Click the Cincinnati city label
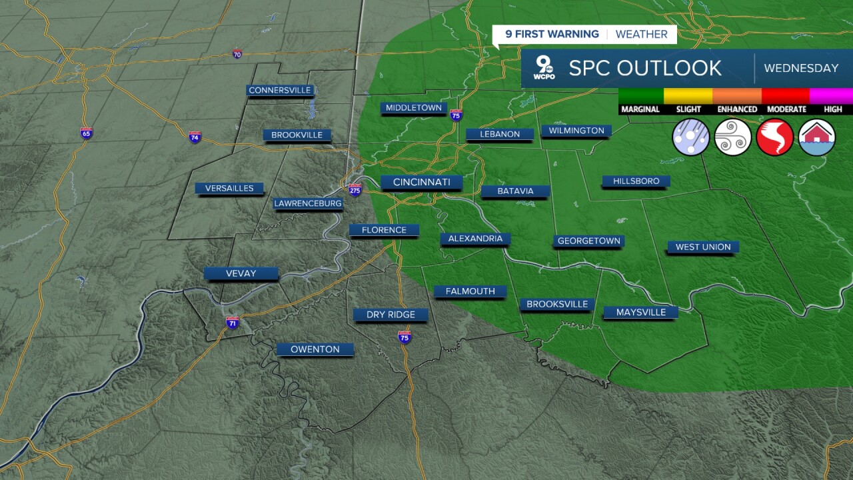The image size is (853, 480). click(422, 182)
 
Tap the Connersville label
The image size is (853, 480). click(280, 90)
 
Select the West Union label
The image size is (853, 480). click(703, 247)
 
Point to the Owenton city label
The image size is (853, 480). click(315, 349)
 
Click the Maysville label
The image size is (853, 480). click(640, 312)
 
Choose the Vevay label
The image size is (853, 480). click(241, 273)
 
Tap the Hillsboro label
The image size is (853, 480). click(636, 181)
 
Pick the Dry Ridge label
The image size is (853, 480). click(391, 315)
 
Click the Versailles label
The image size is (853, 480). click(229, 188)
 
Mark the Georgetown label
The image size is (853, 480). click(588, 241)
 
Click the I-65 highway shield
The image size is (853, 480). click(86, 133)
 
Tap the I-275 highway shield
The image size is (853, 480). click(355, 189)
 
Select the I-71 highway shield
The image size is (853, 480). click(233, 323)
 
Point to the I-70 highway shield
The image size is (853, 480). click(237, 53)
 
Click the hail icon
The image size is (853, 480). click(691, 137)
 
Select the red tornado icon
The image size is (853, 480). click(774, 137)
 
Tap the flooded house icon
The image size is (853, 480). click(816, 137)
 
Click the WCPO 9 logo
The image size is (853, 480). click(544, 68)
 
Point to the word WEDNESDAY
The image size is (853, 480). click(801, 68)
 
